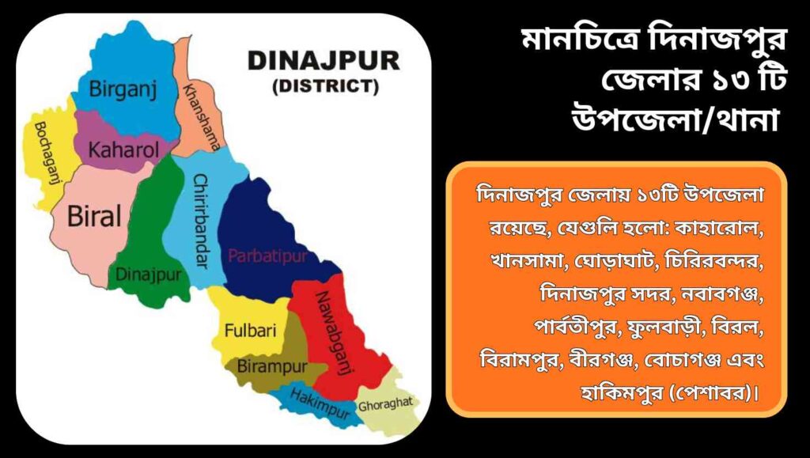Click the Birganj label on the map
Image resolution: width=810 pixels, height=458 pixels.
123,89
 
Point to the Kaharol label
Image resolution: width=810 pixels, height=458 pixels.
123,150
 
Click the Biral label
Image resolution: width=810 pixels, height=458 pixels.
94,216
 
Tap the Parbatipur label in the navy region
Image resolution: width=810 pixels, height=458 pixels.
265,255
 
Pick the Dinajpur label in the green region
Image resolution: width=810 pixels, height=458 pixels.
149,274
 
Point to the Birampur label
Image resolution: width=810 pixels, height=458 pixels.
272,367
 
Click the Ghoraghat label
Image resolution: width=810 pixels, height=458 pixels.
385,405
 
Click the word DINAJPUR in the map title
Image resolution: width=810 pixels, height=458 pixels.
324,61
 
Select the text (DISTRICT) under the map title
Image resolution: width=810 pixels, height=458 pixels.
324,85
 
